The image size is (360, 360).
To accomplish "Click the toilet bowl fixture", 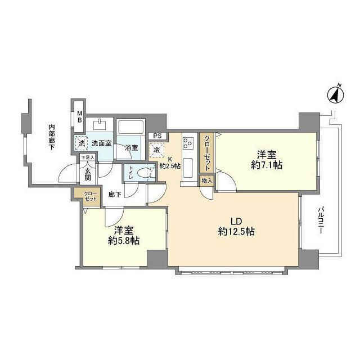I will [145, 173].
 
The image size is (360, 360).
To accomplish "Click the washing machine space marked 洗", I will [82, 143].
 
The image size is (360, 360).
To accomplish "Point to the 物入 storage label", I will [206, 181].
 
